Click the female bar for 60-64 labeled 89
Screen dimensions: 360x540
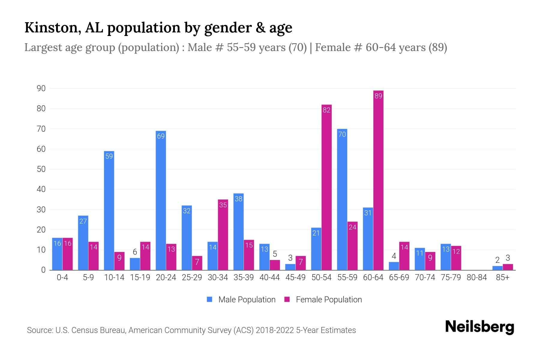pyautogui.click(x=378, y=180)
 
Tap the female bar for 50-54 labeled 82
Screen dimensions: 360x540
pyautogui.click(x=326, y=187)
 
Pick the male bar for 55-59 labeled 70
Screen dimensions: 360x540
pyautogui.click(x=342, y=199)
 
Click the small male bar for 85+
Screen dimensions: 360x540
pyautogui.click(x=497, y=268)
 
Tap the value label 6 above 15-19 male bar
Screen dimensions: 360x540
pyautogui.click(x=135, y=252)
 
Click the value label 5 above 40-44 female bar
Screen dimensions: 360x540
pyautogui.click(x=275, y=254)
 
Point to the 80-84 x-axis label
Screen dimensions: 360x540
pyautogui.click(x=477, y=277)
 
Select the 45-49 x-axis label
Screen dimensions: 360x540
pyautogui.click(x=295, y=277)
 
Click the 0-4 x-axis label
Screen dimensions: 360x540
pyautogui.click(x=62, y=277)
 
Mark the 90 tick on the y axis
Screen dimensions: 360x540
pyautogui.click(x=41, y=88)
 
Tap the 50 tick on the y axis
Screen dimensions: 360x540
pyautogui.click(x=41, y=169)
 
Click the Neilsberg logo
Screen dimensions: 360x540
pyautogui.click(x=479, y=327)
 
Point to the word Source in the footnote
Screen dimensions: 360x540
pyautogui.click(x=40, y=330)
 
